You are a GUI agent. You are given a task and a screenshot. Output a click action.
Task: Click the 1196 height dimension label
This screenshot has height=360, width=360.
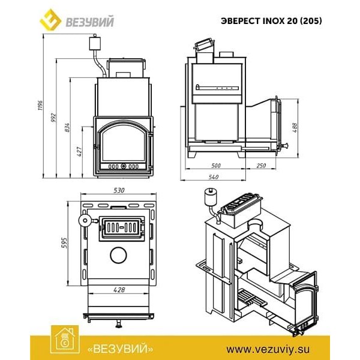[40, 105]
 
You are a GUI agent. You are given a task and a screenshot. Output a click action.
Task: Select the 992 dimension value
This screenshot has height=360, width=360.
[53, 117]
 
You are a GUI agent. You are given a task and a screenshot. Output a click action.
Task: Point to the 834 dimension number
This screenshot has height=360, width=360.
[67, 127]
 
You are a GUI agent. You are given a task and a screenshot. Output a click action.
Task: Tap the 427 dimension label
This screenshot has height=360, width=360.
[79, 152]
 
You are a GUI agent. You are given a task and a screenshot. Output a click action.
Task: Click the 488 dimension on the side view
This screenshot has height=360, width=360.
[295, 128]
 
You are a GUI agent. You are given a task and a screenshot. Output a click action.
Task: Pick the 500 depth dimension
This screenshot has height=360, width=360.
[215, 166]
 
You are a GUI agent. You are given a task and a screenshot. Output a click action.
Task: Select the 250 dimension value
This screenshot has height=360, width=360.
[261, 166]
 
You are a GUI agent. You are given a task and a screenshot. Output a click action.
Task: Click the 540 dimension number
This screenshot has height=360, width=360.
[214, 177]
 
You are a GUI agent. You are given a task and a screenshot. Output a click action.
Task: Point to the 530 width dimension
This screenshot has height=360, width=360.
[119, 190]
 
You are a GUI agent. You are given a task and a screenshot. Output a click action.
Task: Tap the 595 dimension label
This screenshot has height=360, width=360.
[64, 243]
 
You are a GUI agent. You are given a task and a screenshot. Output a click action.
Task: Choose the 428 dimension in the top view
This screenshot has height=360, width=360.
[119, 290]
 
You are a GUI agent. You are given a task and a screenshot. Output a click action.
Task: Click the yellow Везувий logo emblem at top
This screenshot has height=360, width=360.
[50, 20]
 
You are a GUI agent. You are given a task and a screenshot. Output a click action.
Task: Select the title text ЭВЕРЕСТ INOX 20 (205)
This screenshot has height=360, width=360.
[271, 21]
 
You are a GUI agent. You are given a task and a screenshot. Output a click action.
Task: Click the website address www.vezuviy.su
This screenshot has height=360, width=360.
[268, 349]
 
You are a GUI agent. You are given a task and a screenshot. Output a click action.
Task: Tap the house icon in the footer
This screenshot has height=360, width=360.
[65, 340]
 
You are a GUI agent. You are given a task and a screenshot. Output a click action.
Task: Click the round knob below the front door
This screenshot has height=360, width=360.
[119, 325]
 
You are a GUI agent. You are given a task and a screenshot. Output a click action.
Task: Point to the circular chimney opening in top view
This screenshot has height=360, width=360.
[118, 256]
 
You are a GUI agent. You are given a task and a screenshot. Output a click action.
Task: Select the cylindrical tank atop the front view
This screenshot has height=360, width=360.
[95, 43]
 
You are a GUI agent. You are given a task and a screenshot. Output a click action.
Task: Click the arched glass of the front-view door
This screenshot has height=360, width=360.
[124, 144]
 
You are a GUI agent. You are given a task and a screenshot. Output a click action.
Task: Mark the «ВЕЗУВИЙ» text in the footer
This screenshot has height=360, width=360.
[121, 349]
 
